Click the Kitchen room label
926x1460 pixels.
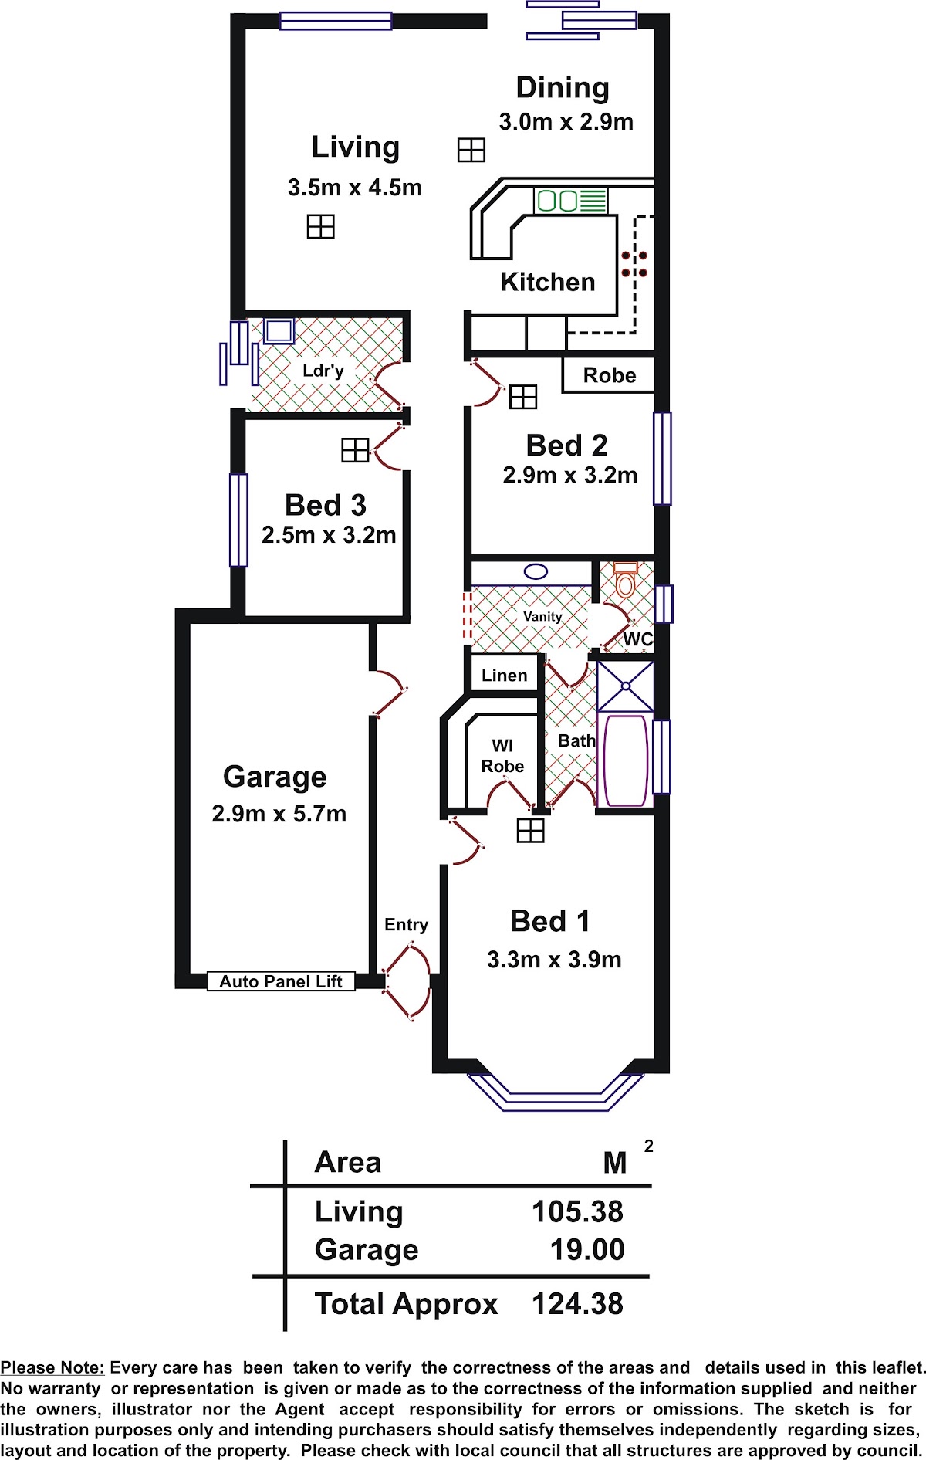548,282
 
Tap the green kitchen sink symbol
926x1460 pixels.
570,201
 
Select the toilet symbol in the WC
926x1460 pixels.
625,580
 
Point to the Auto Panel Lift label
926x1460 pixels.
281,981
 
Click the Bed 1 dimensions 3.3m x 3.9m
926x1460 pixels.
554,960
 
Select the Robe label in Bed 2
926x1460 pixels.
610,375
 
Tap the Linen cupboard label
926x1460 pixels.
505,676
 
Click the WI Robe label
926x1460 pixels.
502,756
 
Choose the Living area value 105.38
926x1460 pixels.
577,1212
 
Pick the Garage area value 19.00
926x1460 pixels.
587,1250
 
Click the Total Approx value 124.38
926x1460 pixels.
577,1304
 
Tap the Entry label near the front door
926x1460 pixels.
406,925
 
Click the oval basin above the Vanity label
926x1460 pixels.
536,572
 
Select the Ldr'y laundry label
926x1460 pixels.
323,371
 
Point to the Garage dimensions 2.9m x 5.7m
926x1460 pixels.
279,814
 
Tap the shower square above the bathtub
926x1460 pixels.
626,686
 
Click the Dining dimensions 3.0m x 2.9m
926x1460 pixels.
566,122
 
